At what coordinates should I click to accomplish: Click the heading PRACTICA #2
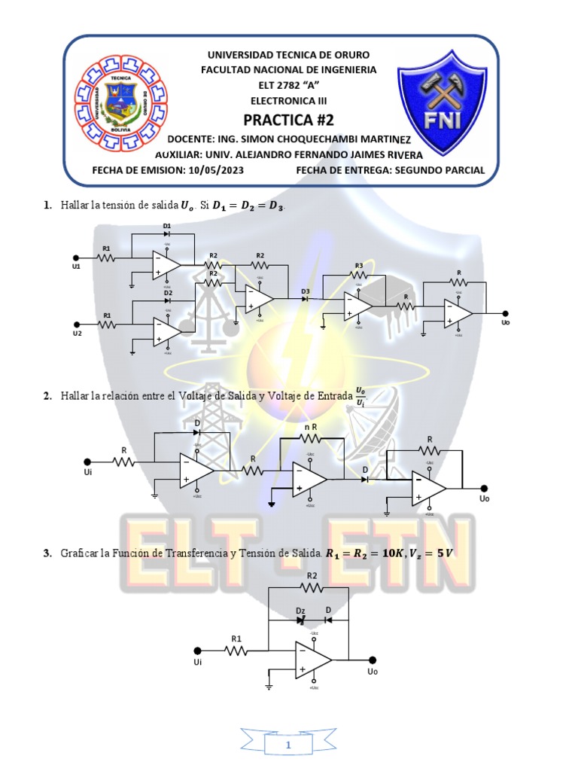pyautogui.click(x=288, y=120)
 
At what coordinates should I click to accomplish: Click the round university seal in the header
pyautogui.click(x=120, y=105)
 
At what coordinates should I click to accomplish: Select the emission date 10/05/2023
pyautogui.click(x=214, y=170)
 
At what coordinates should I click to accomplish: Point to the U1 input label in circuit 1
pyautogui.click(x=77, y=267)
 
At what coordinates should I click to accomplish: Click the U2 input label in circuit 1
pyautogui.click(x=77, y=332)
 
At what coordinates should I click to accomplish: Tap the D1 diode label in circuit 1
pyautogui.click(x=167, y=226)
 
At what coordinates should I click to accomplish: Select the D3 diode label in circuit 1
pyautogui.click(x=306, y=290)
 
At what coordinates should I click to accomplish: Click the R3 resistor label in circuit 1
pyautogui.click(x=359, y=265)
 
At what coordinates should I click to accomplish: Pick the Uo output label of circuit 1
pyautogui.click(x=505, y=322)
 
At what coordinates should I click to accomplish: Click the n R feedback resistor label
pyautogui.click(x=309, y=428)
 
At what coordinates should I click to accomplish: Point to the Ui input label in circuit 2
pyautogui.click(x=87, y=473)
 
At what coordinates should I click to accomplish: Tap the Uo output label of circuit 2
pyautogui.click(x=484, y=498)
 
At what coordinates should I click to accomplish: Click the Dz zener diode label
pyautogui.click(x=300, y=611)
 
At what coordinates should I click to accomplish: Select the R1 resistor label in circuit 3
pyautogui.click(x=236, y=638)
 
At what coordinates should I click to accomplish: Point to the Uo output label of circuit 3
pyautogui.click(x=373, y=670)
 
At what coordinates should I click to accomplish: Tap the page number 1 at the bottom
pyautogui.click(x=288, y=745)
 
